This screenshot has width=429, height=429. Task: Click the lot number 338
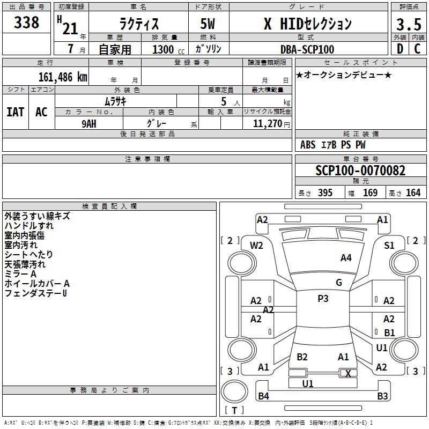26,23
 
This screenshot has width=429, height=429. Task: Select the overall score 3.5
408,25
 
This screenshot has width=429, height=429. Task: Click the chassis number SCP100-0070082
360,171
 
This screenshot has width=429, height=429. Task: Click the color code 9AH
88,123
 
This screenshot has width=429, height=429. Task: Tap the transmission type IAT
15,112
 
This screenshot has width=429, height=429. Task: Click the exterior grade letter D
400,49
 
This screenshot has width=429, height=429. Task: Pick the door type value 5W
208,24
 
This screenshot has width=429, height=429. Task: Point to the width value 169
370,193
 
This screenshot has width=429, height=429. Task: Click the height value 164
413,193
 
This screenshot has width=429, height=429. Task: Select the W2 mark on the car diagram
257,246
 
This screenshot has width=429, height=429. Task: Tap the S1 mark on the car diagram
389,246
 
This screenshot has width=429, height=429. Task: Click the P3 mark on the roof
323,299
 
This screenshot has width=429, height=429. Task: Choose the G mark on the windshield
339,283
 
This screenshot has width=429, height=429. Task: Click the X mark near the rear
348,373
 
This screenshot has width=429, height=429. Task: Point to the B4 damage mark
263,396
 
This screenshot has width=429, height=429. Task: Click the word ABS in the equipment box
308,145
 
